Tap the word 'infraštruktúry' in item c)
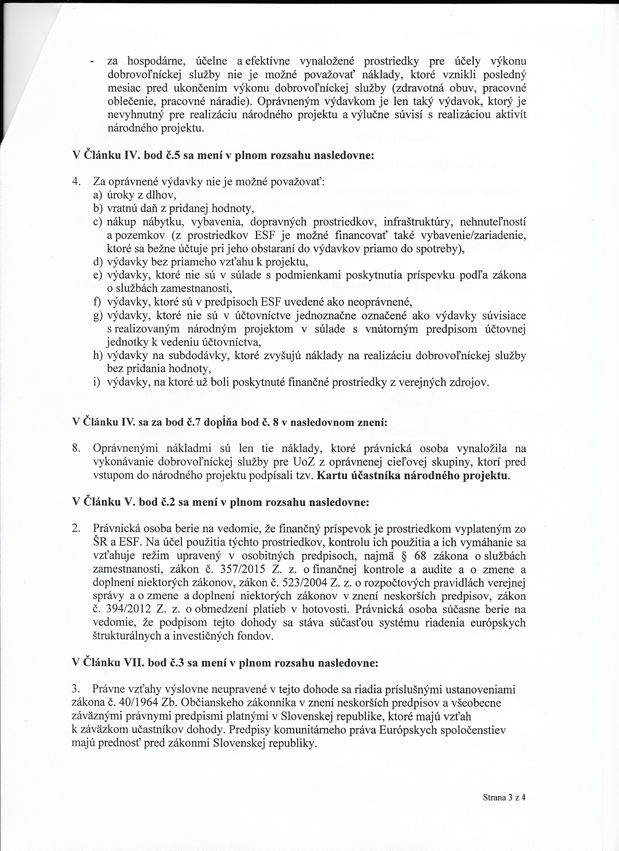tap(417, 222)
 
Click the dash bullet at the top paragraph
tap(92, 62)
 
